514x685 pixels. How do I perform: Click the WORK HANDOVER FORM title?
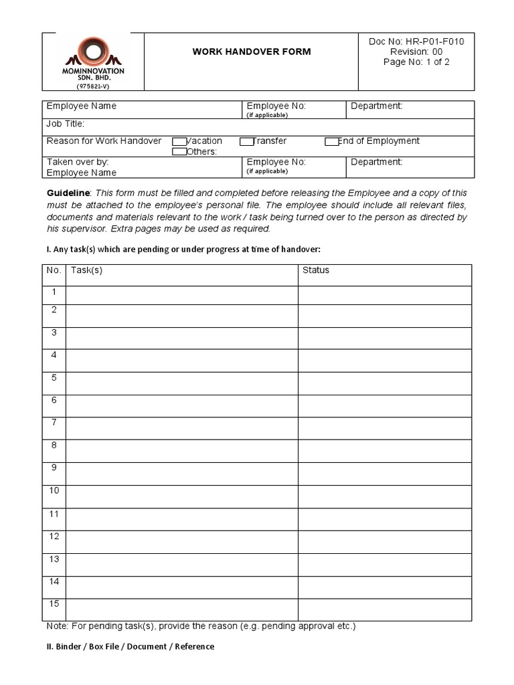coord(252,52)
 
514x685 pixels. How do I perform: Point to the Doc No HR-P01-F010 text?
coord(416,41)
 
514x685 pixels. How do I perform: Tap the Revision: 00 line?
coord(416,52)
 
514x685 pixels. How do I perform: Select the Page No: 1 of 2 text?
coord(416,62)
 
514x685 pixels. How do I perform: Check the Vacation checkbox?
coord(179,141)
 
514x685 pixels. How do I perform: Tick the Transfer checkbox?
coord(247,141)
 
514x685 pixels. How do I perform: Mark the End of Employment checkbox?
coord(331,141)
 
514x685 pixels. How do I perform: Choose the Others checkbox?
coord(179,152)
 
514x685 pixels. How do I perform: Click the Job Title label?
coord(65,124)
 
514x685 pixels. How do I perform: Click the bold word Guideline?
coord(68,193)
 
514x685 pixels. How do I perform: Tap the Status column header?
coord(316,270)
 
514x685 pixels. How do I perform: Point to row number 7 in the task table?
coord(54,423)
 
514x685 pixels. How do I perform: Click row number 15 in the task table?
coord(54,604)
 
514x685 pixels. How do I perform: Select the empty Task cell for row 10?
coord(181,496)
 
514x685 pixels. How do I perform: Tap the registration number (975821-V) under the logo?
coord(92,86)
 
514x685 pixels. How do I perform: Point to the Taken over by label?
coord(78,162)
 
